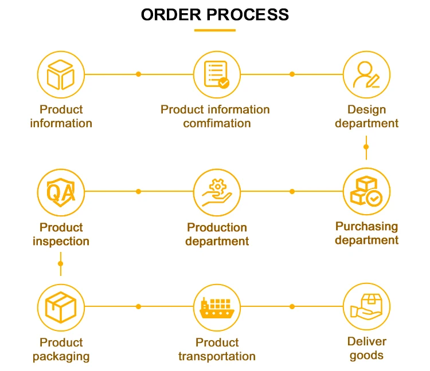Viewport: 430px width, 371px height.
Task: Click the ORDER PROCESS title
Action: [215, 14]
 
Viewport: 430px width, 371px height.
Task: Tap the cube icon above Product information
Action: [61, 74]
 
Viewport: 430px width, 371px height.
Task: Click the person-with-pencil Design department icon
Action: [366, 74]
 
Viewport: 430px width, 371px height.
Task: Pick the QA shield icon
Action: [61, 191]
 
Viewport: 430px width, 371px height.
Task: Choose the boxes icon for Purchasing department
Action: [366, 191]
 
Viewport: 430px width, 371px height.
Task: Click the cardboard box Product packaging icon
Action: [61, 307]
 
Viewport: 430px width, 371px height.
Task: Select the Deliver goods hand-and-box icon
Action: [366, 307]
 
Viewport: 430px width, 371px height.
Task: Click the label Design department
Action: [366, 116]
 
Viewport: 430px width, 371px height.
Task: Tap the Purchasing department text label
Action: [366, 233]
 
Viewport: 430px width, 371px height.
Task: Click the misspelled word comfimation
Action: [217, 124]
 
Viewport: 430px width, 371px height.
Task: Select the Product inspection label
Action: [61, 234]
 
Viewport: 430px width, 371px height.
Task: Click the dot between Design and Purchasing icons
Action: [366, 147]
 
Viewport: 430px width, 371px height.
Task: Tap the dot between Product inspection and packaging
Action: [61, 264]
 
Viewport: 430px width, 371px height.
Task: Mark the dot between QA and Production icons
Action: [138, 191]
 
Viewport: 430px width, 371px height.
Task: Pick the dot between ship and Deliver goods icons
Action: [292, 307]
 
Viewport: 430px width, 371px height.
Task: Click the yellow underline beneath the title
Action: [215, 30]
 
